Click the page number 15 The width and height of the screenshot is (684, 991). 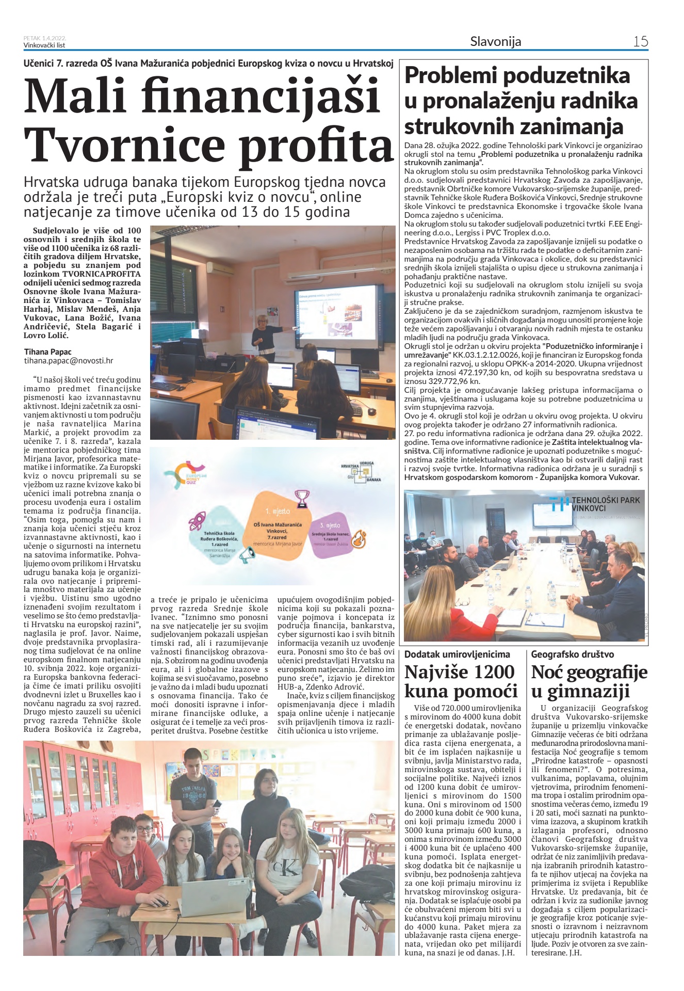point(640,41)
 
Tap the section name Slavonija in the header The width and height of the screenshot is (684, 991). point(495,41)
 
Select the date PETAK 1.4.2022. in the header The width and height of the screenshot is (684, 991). point(45,38)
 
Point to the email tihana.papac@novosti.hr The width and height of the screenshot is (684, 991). point(69,361)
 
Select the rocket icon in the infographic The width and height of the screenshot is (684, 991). point(197,521)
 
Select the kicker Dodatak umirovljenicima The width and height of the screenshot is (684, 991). point(457,654)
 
